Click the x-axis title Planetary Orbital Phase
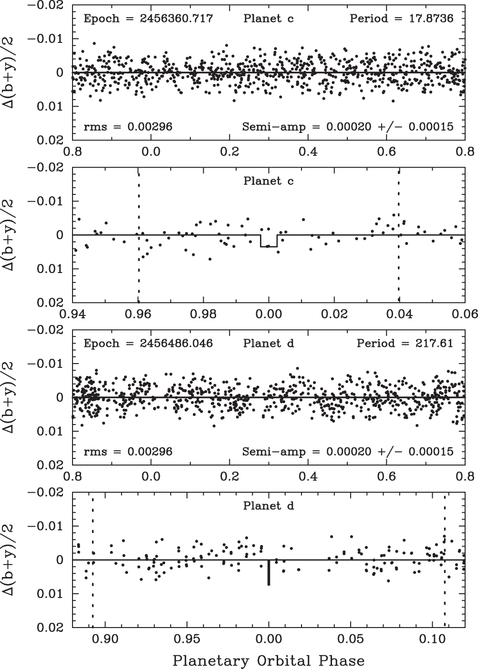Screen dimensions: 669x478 269,661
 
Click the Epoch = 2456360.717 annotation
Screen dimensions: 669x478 148,19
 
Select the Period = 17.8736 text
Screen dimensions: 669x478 401,19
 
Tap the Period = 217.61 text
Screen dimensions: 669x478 405,344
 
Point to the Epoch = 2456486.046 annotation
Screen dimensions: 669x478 148,344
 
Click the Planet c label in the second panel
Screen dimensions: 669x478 269,181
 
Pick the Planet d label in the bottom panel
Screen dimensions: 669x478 269,506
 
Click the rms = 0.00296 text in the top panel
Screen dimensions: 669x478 128,127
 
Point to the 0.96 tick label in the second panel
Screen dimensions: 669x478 138,314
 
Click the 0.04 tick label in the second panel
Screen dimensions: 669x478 399,314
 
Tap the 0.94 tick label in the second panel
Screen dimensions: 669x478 73,314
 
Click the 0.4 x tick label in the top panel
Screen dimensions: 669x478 308,151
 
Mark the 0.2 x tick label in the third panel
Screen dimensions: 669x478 229,476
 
